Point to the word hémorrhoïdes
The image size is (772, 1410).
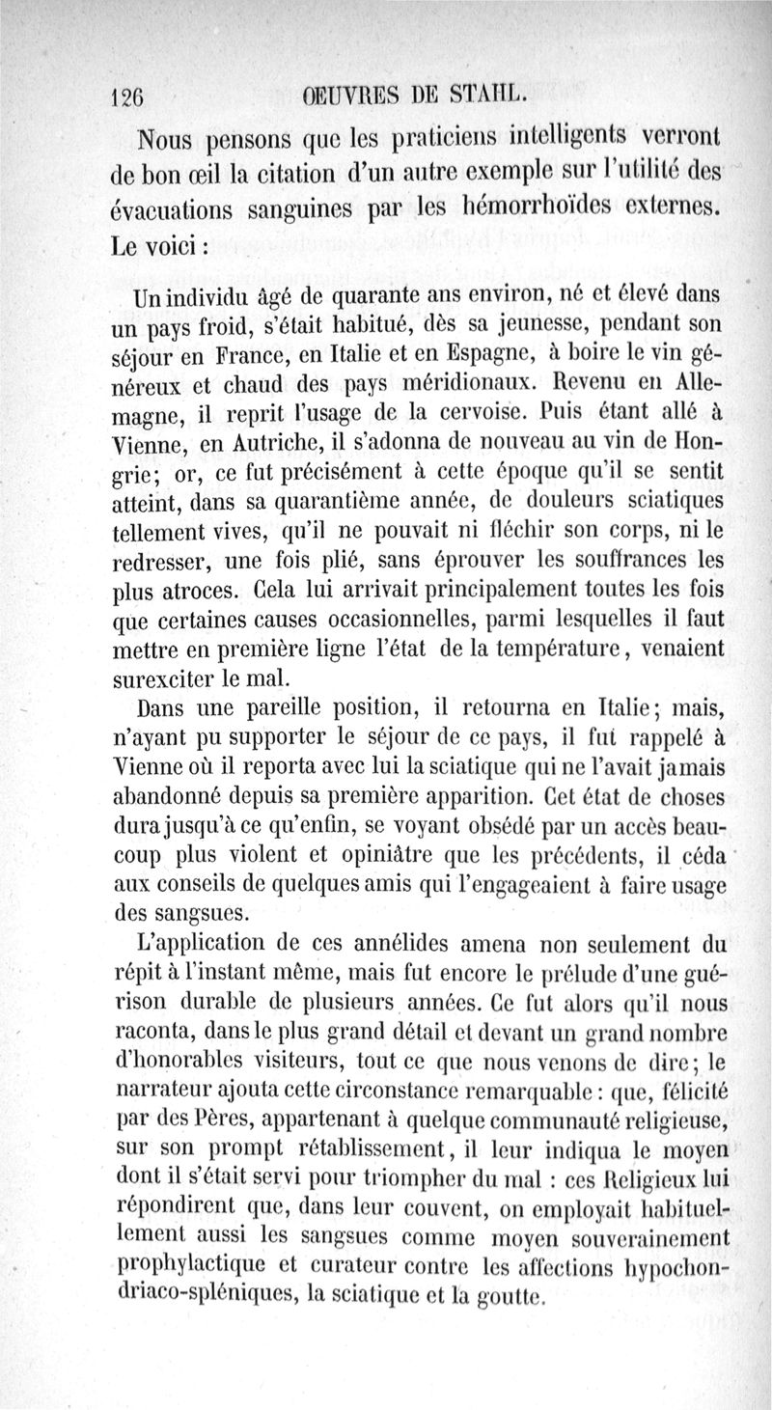[x=545, y=206]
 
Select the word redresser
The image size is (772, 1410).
[x=158, y=561]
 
